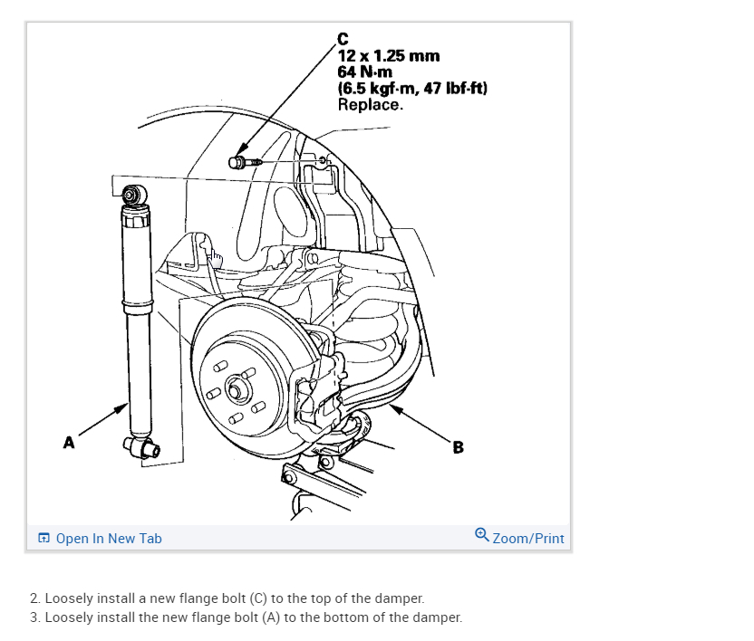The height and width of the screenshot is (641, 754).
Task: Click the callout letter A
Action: tap(68, 443)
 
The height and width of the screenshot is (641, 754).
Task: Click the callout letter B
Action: tap(458, 446)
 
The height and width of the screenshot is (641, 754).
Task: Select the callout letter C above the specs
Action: tap(342, 38)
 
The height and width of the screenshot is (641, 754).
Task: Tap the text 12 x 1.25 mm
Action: tap(388, 56)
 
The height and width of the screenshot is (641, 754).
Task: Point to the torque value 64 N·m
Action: tap(364, 72)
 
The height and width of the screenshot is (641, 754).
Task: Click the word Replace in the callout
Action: tap(368, 104)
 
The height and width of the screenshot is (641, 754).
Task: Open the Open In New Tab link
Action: tap(108, 539)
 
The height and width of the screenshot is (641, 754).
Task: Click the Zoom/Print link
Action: tap(528, 539)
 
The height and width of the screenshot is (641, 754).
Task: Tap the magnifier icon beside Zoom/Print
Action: tap(482, 536)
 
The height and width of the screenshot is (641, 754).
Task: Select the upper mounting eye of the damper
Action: tap(133, 194)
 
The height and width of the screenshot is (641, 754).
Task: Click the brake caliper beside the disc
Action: tap(322, 380)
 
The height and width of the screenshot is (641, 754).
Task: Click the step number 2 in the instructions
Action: tap(34, 598)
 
